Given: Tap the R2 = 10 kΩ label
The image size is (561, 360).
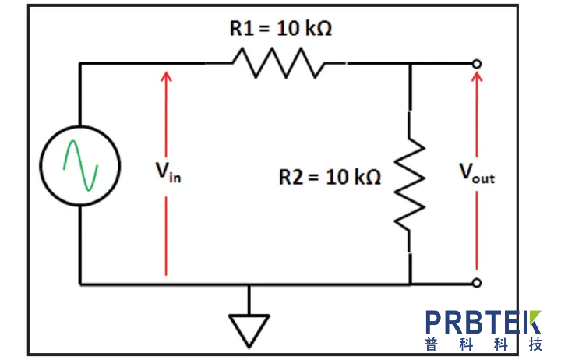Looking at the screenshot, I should click(x=330, y=178).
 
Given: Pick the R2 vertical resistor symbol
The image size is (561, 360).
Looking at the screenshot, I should click(x=410, y=185).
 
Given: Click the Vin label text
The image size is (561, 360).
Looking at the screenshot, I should click(x=168, y=173).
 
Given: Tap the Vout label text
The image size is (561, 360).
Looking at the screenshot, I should click(x=476, y=175).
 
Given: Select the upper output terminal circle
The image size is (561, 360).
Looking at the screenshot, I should click(x=476, y=63).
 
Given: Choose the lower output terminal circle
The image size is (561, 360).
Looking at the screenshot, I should click(x=476, y=283).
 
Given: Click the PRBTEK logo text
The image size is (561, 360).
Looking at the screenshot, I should click(x=482, y=322).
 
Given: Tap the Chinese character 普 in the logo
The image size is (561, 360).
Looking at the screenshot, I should click(x=432, y=344).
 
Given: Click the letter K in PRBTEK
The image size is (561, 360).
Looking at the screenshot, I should click(x=531, y=322).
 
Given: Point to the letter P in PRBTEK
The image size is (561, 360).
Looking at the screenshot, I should click(x=435, y=322).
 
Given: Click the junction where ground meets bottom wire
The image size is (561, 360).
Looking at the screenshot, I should click(x=249, y=284).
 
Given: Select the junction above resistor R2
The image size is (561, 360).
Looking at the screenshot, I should click(x=410, y=63).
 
